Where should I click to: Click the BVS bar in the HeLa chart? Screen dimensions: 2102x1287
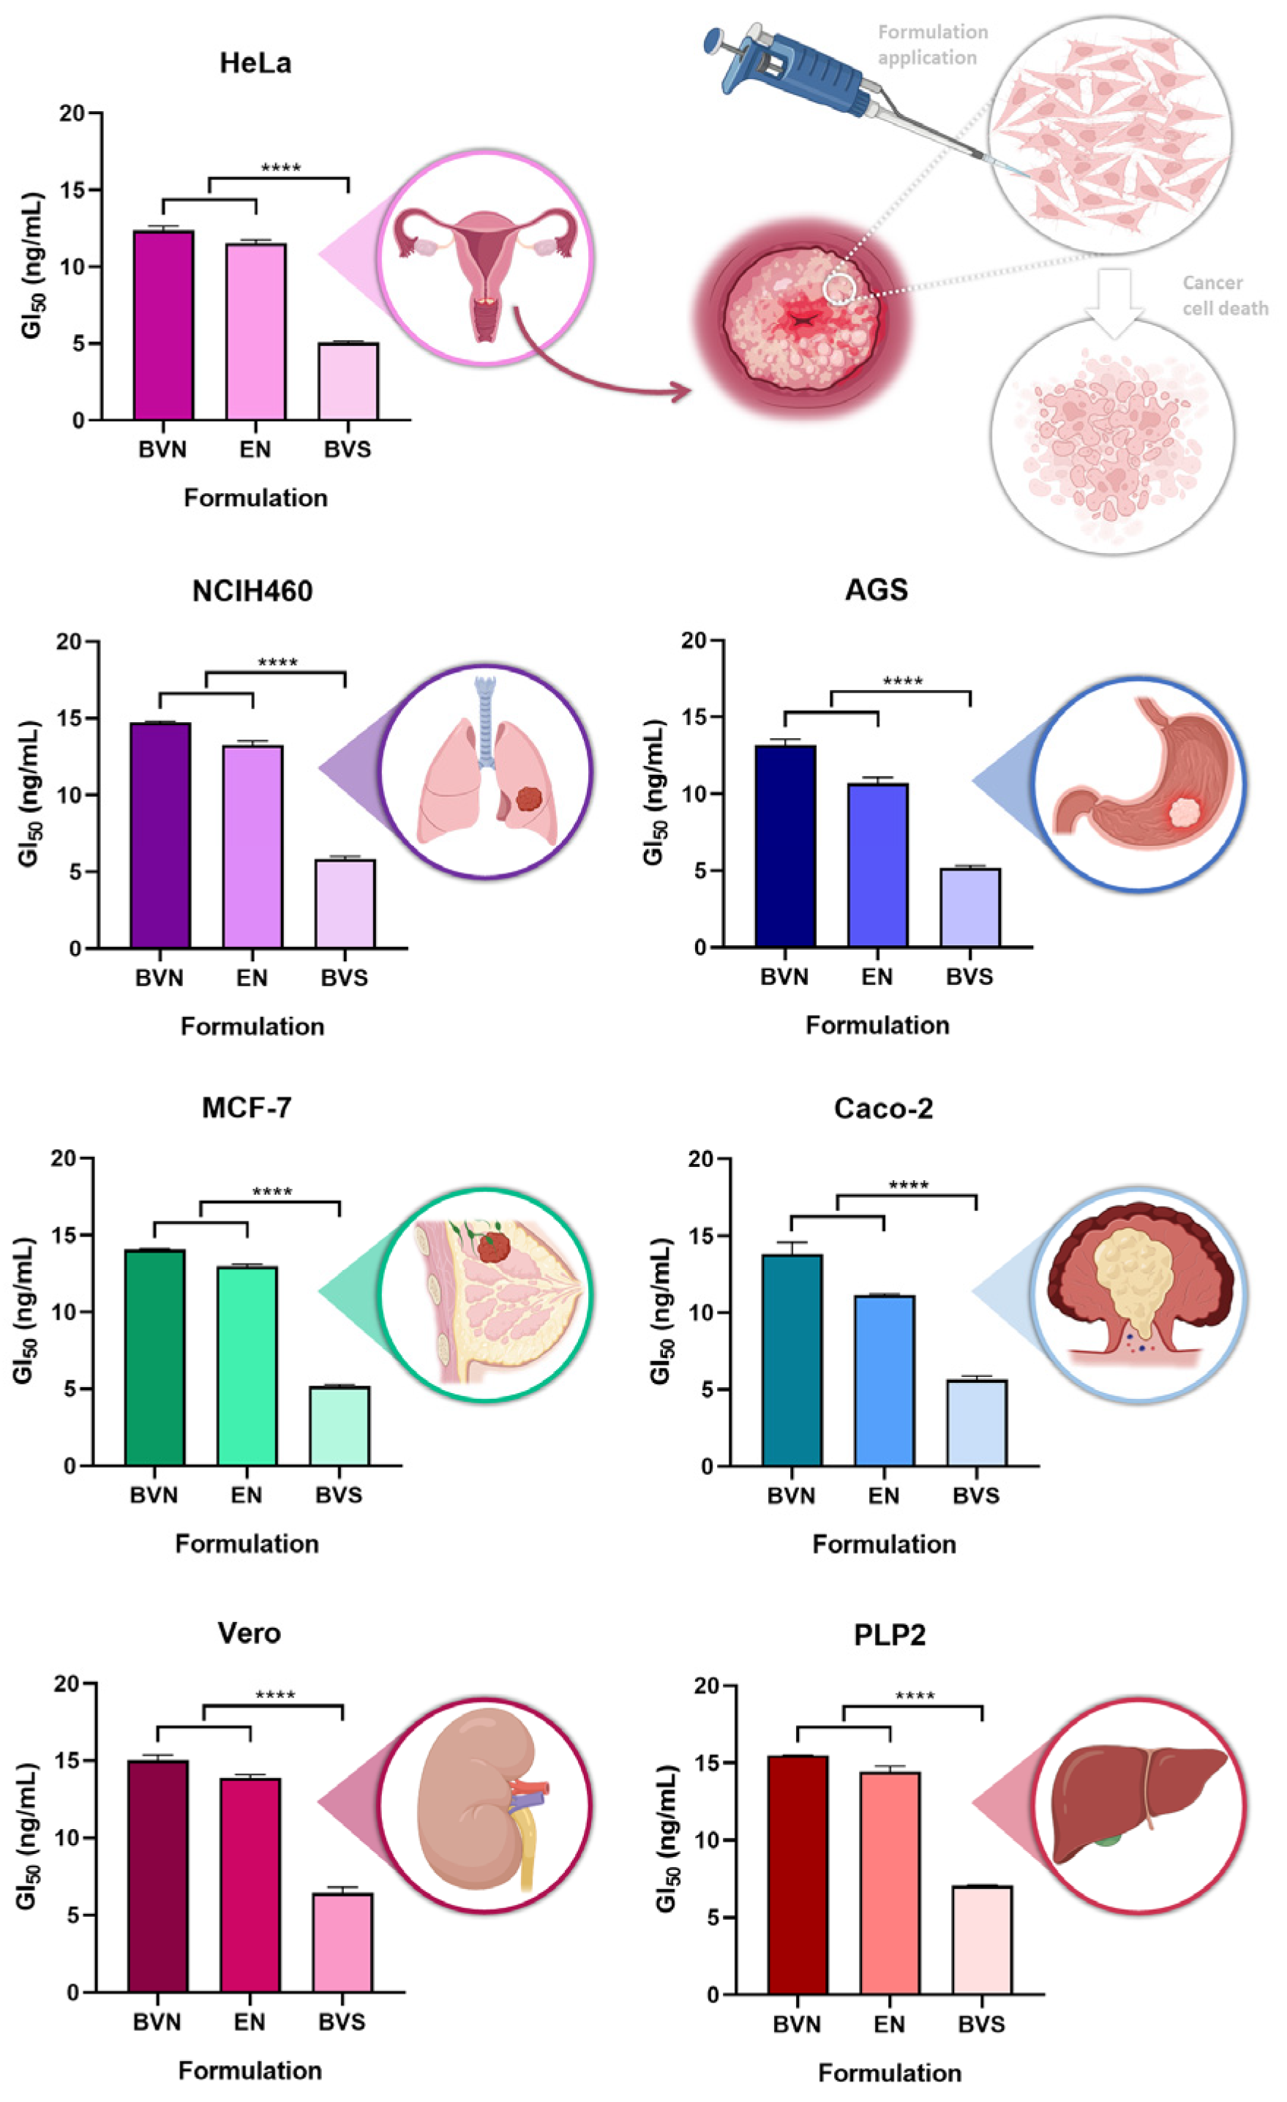(348, 381)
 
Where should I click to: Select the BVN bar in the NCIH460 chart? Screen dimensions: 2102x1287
(160, 836)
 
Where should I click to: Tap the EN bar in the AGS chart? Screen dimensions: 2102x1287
(877, 865)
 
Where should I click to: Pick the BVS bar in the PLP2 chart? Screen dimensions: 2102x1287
(982, 1941)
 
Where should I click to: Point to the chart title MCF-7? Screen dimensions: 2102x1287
(247, 1107)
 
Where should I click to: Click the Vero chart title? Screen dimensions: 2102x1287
(249, 1633)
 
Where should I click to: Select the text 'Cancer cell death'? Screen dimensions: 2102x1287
(1225, 295)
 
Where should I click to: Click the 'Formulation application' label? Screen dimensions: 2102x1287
(932, 45)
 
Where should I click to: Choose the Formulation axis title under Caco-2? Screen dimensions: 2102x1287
(885, 1544)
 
